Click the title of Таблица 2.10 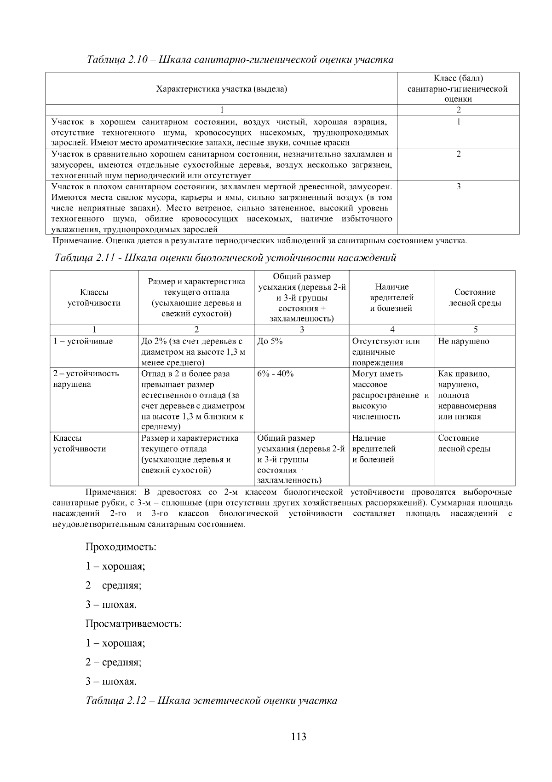[240, 60]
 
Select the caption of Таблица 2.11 [225, 258]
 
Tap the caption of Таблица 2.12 [212, 700]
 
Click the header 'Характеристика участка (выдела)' [222, 89]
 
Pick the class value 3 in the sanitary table [458, 187]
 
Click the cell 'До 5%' [270, 341]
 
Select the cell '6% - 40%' [275, 373]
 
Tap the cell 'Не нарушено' [463, 341]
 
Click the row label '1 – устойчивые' [83, 341]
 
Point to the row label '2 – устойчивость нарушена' [86, 379]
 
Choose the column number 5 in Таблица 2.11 [475, 329]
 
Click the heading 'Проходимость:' [121, 547]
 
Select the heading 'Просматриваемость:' [133, 624]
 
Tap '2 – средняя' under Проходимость [114, 585]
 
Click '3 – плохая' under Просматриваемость [111, 682]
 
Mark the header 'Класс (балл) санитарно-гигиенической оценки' [458, 88]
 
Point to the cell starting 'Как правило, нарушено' [466, 395]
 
